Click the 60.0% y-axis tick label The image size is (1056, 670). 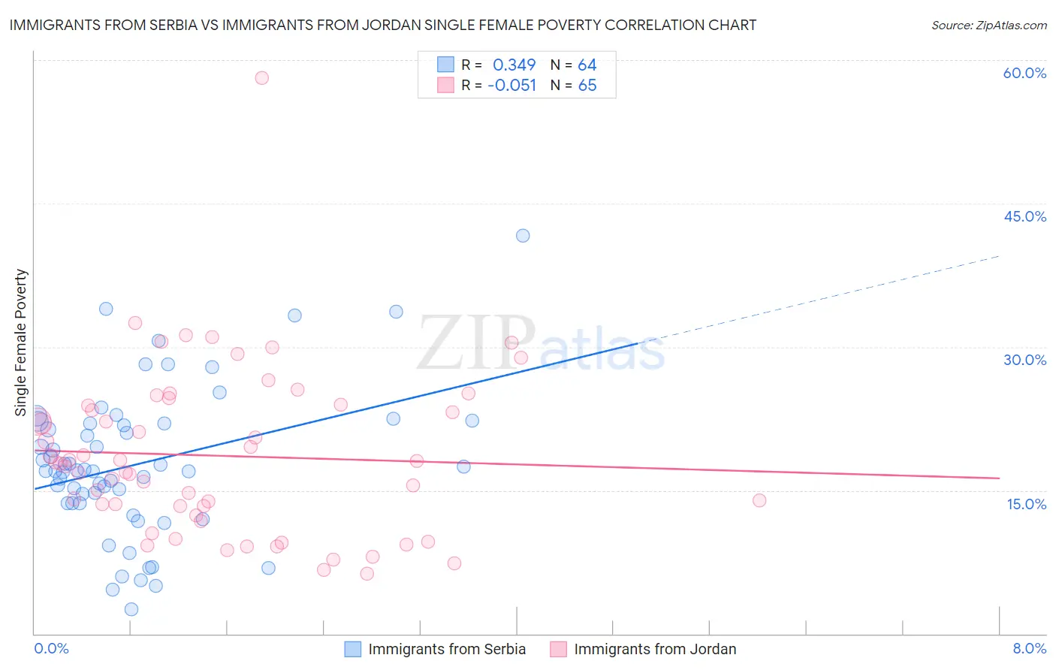point(1024,73)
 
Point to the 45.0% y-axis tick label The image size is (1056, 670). point(1024,216)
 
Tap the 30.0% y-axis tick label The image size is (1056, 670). point(1024,360)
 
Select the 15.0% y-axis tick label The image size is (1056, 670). point(1026,504)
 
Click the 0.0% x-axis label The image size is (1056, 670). point(51,648)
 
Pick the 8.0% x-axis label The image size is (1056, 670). point(1029,648)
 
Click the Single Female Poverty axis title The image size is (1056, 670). point(21,343)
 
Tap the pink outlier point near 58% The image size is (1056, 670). point(261,77)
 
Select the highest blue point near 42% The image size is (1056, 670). point(523,236)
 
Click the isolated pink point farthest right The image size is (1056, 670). point(759,500)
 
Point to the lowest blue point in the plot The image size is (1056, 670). point(131,609)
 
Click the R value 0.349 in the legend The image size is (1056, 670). point(514,65)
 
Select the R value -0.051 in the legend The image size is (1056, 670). point(511,86)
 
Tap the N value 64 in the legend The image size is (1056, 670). point(587,65)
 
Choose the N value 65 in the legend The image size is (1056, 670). point(587,86)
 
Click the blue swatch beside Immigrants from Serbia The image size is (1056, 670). point(352,649)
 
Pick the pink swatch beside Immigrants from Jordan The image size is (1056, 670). point(558,649)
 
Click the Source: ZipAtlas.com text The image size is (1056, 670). point(988,26)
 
